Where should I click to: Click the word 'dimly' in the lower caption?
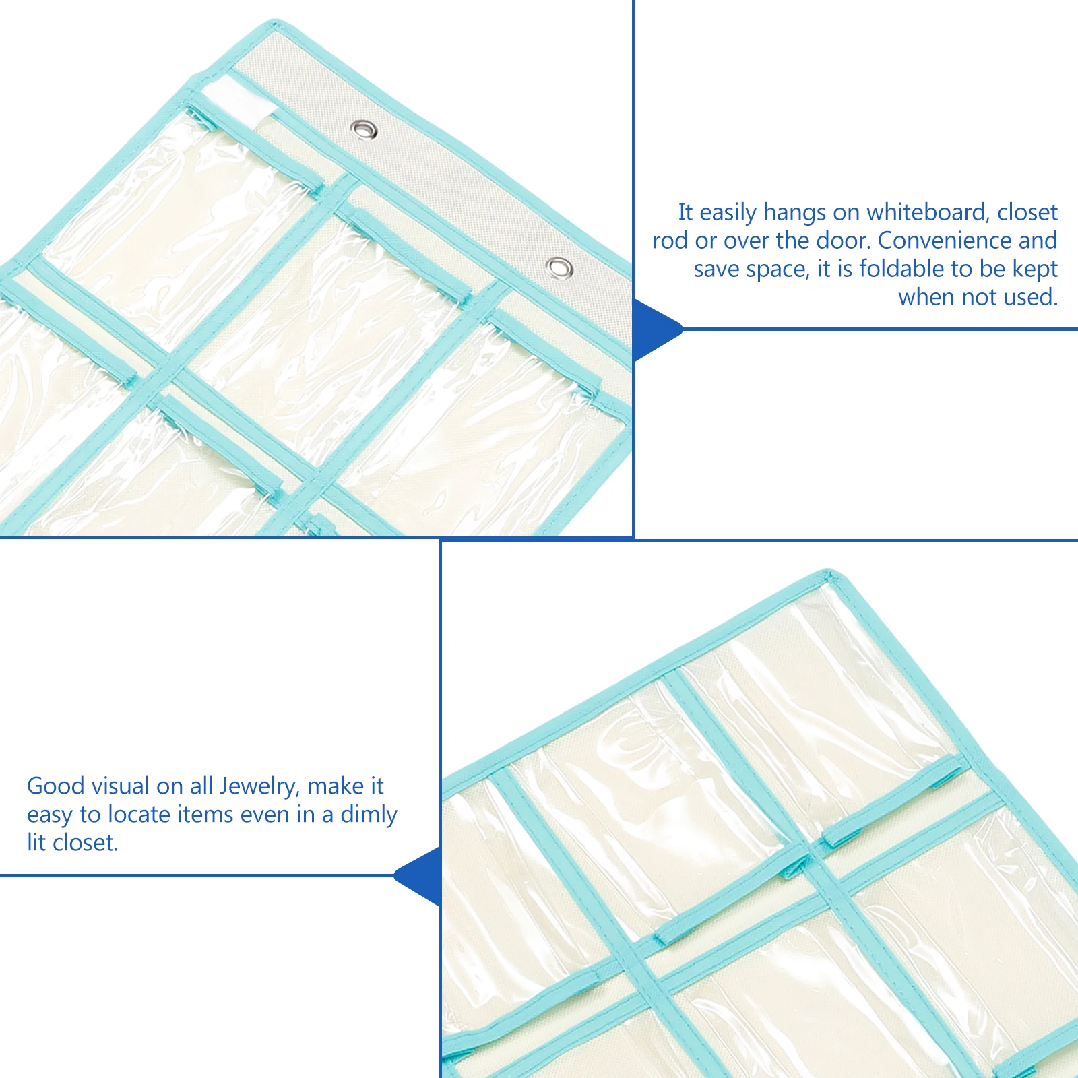tap(369, 815)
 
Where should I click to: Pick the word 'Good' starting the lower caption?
tap(55, 786)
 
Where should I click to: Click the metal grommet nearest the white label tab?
tap(364, 129)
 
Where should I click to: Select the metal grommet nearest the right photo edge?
tap(559, 267)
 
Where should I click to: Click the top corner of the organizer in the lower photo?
tap(829, 575)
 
